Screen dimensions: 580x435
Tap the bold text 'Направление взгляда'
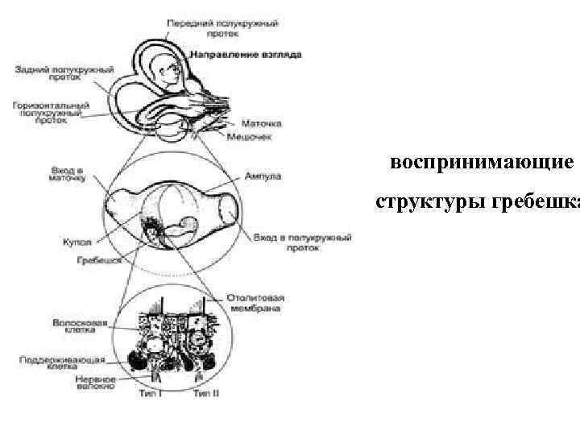pyautogui.click(x=246, y=55)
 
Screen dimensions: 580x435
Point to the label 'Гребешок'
pyautogui.click(x=100, y=261)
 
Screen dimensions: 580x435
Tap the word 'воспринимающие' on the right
pyautogui.click(x=481, y=164)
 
